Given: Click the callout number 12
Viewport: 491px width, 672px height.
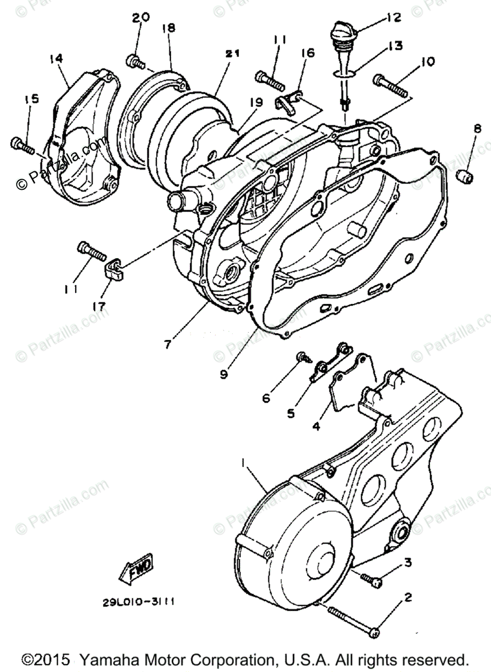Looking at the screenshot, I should (393, 17).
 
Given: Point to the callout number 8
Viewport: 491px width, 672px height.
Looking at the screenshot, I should (477, 129).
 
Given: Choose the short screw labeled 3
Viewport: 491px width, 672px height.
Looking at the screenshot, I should (371, 578).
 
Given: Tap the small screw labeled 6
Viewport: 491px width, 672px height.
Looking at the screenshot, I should (303, 356).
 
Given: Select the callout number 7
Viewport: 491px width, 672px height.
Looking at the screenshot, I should (167, 344).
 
